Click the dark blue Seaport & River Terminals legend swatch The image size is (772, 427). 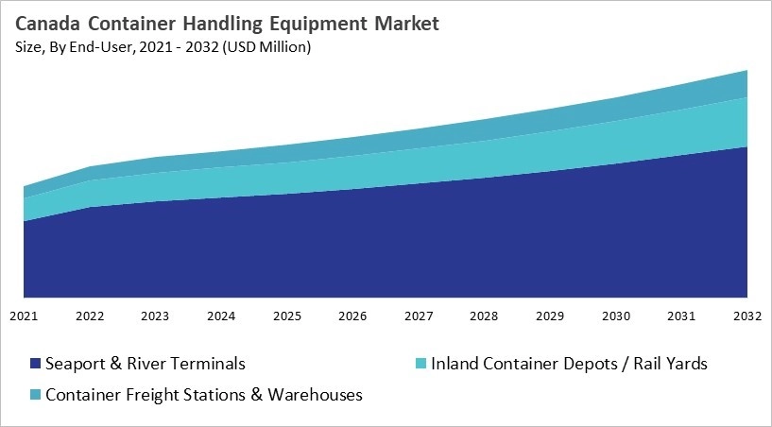click(35, 364)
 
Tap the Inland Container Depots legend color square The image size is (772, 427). click(421, 364)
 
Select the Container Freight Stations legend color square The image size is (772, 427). click(35, 395)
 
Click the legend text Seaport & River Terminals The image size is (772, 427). click(146, 364)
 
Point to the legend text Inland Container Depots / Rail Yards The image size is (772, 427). click(569, 364)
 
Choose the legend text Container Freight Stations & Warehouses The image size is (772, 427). click(204, 395)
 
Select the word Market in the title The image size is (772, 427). click(406, 24)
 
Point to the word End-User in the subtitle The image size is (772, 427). click(94, 45)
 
